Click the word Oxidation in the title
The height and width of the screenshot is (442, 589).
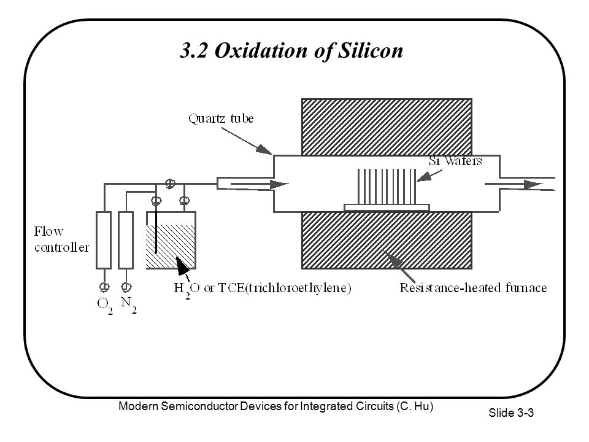point(261,50)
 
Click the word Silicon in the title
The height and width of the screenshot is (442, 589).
point(371,50)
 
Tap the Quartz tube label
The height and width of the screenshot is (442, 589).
point(221,118)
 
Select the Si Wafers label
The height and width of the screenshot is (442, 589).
point(455,161)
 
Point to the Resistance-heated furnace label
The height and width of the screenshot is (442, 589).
point(473,288)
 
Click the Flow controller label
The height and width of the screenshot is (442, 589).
point(61,239)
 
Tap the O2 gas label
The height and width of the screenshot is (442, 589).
point(105,305)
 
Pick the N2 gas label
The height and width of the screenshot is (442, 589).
point(128,304)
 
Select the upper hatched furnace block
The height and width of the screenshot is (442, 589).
point(387,127)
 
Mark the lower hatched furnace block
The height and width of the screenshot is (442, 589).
point(387,241)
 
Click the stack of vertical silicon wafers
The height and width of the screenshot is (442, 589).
point(387,187)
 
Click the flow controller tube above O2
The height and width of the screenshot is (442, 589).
point(104,240)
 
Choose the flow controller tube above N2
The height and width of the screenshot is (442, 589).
point(126,240)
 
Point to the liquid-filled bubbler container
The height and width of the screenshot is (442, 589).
point(171,241)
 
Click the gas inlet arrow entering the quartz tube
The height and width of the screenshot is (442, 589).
point(259,184)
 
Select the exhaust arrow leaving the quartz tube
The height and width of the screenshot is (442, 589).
point(514,184)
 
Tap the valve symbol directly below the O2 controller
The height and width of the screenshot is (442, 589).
point(104,287)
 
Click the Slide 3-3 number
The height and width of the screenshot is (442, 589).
point(511,413)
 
